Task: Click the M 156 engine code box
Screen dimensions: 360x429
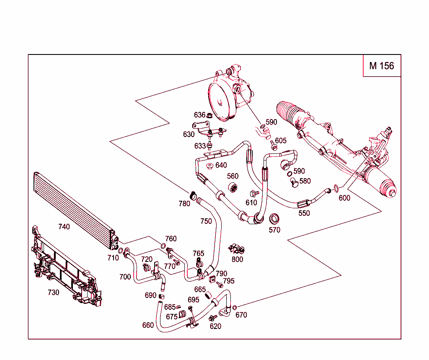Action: [381, 66]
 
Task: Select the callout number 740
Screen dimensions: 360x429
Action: [64, 226]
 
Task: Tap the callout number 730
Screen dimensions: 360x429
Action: [53, 293]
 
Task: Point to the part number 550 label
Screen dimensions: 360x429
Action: [304, 213]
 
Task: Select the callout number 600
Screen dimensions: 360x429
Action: [344, 198]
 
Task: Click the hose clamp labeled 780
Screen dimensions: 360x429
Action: [193, 195]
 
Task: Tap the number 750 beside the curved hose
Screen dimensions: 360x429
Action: [206, 221]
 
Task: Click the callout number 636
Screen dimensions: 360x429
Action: [199, 115]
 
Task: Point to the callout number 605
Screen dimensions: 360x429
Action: [281, 140]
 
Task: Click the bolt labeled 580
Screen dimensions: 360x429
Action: [294, 182]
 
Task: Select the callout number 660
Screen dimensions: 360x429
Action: [148, 325]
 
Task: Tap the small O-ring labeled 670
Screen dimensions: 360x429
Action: [234, 308]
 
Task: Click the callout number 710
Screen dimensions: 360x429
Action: [113, 258]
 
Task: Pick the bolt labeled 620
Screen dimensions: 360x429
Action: [213, 319]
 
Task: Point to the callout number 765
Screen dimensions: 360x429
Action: [198, 253]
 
